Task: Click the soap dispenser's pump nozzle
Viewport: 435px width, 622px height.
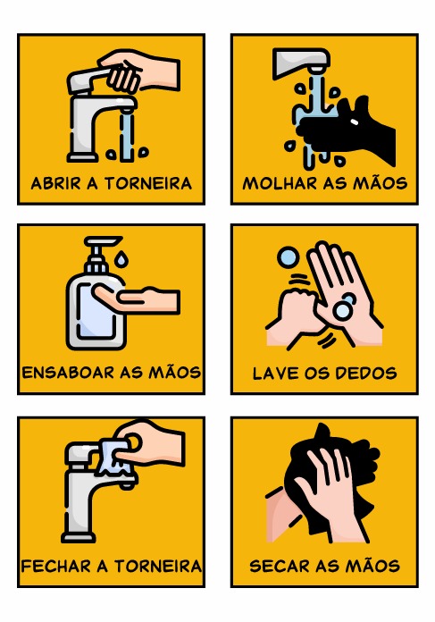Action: [103, 240]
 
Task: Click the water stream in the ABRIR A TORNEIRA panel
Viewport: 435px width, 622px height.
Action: [127, 135]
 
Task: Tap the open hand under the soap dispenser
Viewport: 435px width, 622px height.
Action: [137, 299]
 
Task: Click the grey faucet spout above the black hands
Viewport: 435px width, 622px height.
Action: [301, 59]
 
